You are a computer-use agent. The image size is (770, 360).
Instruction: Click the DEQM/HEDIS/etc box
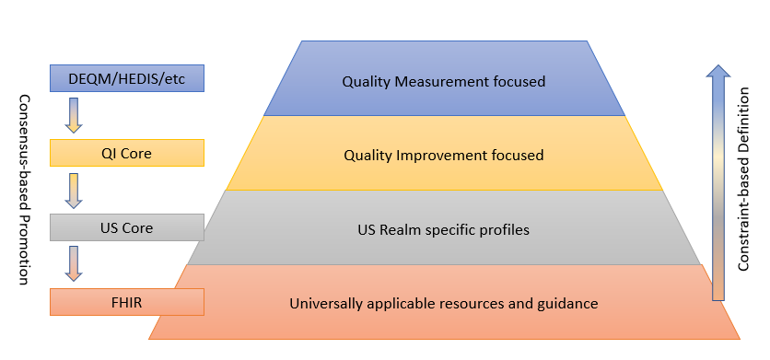pyautogui.click(x=126, y=78)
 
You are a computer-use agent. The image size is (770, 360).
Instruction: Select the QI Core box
pyautogui.click(x=126, y=153)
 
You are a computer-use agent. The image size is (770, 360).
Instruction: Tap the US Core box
pyautogui.click(x=126, y=226)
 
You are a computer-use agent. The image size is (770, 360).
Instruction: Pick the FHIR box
pyautogui.click(x=126, y=301)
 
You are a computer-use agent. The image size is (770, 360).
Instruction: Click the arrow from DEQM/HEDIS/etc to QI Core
pyautogui.click(x=75, y=115)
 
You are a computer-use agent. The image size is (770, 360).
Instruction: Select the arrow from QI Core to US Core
pyautogui.click(x=75, y=190)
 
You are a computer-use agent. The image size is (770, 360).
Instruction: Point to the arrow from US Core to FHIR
pyautogui.click(x=75, y=263)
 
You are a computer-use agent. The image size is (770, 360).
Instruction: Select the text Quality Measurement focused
pyautogui.click(x=443, y=81)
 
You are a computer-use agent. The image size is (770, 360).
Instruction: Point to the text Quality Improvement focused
pyautogui.click(x=443, y=156)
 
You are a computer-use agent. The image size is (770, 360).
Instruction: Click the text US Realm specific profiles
pyautogui.click(x=443, y=229)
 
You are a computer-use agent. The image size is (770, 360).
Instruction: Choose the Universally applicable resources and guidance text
pyautogui.click(x=443, y=303)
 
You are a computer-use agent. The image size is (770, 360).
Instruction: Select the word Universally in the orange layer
pyautogui.click(x=324, y=303)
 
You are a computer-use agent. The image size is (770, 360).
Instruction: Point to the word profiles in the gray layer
pyautogui.click(x=505, y=229)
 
